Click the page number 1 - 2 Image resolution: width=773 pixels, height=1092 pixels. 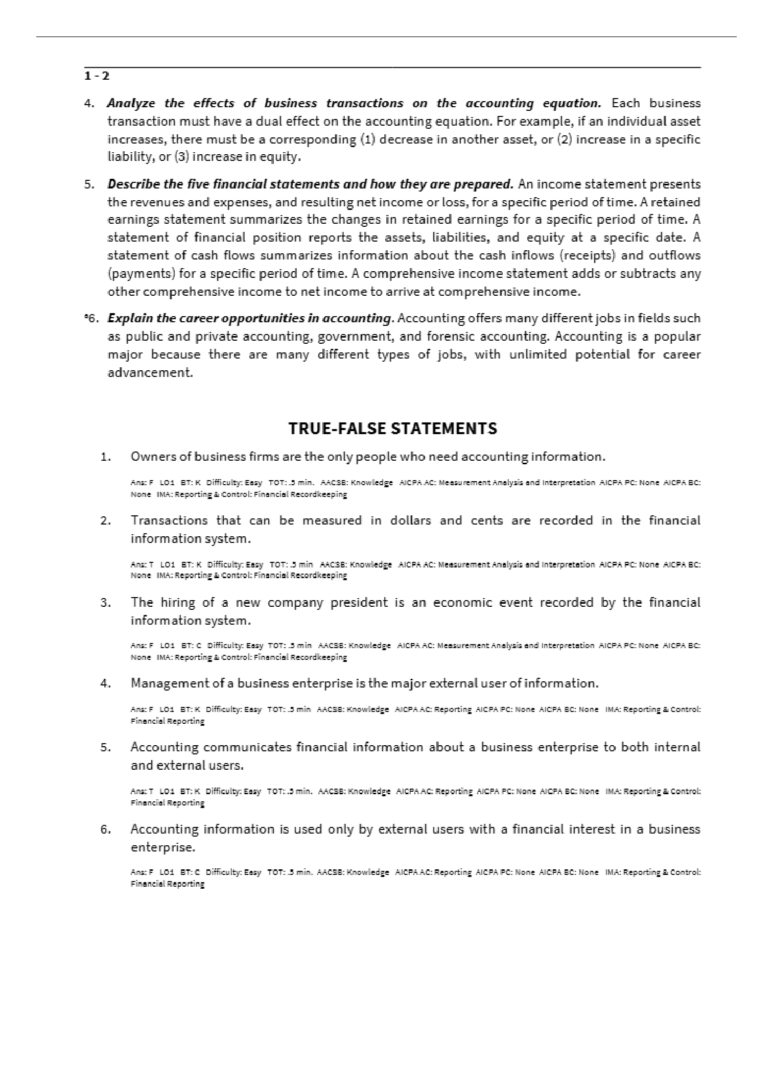(x=97, y=76)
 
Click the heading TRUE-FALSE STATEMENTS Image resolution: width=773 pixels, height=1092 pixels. (x=392, y=428)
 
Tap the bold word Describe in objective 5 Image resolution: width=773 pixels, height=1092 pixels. (x=130, y=184)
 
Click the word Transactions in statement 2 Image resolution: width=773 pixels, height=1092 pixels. (x=169, y=520)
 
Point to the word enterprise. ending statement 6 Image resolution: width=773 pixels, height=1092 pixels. (x=163, y=847)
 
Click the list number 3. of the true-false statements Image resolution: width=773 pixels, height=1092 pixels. (x=106, y=603)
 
